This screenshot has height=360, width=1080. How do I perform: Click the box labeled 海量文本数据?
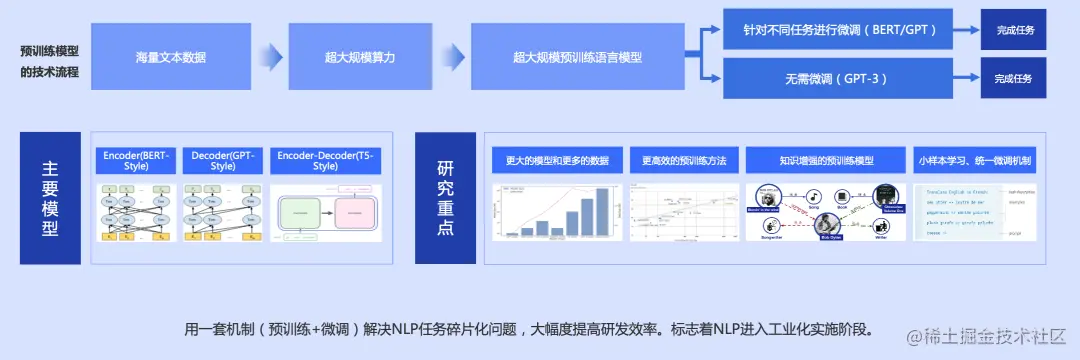(x=171, y=58)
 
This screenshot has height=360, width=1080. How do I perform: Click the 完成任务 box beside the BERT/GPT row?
(x=1014, y=30)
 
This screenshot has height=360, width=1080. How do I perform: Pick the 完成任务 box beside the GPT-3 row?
(x=1014, y=78)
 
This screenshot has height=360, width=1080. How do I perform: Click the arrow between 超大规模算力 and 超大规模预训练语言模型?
(x=452, y=58)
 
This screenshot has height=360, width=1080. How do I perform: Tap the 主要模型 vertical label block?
(x=49, y=198)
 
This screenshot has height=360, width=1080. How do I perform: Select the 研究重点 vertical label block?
(x=445, y=198)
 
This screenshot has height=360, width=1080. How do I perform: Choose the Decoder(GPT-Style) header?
(x=223, y=161)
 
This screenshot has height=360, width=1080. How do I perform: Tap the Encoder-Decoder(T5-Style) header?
(x=325, y=161)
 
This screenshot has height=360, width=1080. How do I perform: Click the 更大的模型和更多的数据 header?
(x=557, y=160)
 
